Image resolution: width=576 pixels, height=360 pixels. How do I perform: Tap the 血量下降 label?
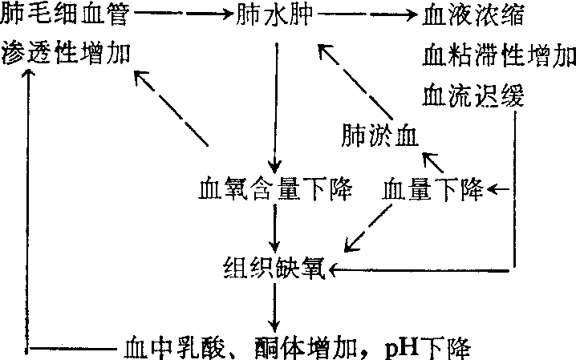[432, 191]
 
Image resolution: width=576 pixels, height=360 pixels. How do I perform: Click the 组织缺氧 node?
[275, 268]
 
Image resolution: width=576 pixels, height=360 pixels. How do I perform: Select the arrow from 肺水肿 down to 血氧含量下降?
[276, 104]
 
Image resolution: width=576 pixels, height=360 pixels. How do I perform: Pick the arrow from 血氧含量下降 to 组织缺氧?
[276, 228]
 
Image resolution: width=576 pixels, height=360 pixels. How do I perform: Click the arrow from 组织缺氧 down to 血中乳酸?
[276, 306]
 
